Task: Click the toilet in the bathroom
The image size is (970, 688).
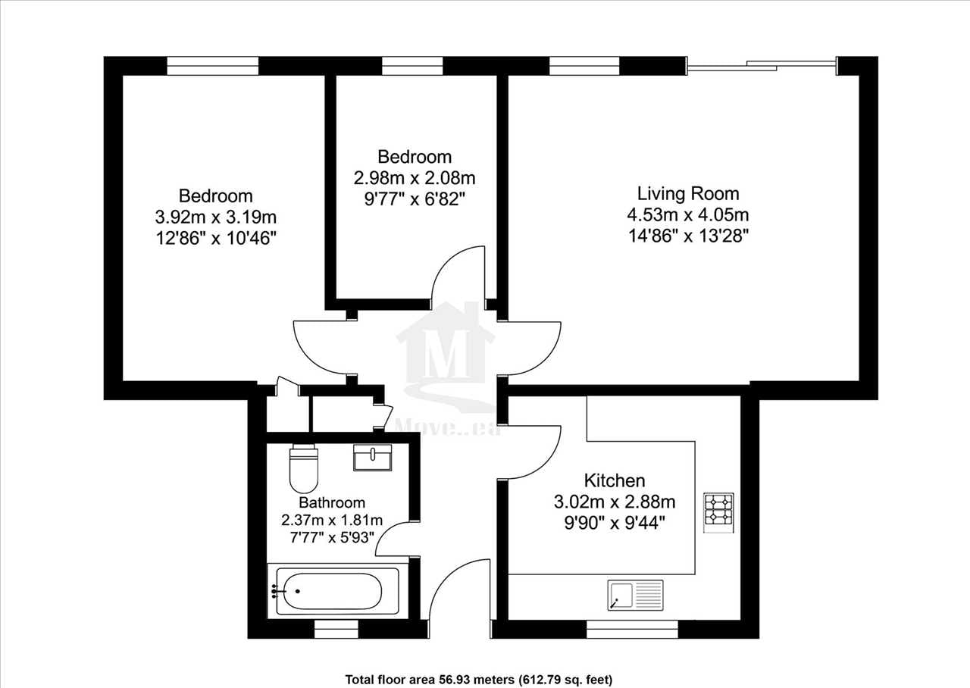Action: pyautogui.click(x=304, y=468)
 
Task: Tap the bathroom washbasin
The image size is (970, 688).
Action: pyautogui.click(x=372, y=457)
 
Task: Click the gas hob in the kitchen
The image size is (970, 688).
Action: pyautogui.click(x=718, y=513)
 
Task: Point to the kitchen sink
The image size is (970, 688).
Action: pyautogui.click(x=635, y=596)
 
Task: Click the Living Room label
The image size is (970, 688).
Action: pyautogui.click(x=688, y=193)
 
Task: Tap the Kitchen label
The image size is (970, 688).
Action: pyautogui.click(x=615, y=480)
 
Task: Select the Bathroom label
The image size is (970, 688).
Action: pyautogui.click(x=332, y=502)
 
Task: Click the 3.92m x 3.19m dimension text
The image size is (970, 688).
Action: pyautogui.click(x=216, y=217)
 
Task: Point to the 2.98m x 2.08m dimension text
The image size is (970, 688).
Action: pyautogui.click(x=415, y=178)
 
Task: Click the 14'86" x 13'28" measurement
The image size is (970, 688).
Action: pyautogui.click(x=688, y=236)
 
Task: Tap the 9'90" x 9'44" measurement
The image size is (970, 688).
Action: pyautogui.click(x=615, y=524)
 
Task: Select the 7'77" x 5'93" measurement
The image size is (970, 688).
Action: pyautogui.click(x=332, y=537)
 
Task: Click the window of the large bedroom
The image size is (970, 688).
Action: pyautogui.click(x=213, y=66)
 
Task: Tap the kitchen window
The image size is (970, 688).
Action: pyautogui.click(x=632, y=629)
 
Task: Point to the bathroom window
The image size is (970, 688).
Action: pyautogui.click(x=336, y=629)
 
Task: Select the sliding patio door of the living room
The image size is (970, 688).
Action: pyautogui.click(x=762, y=66)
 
